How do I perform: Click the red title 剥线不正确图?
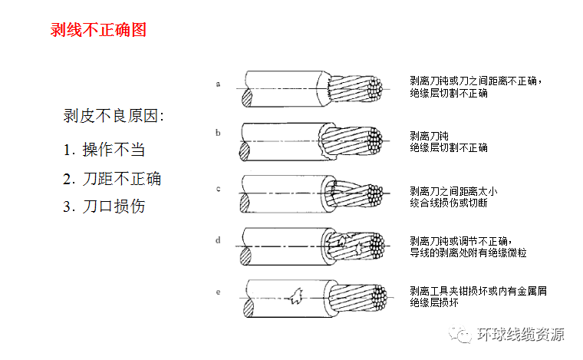pos(98,30)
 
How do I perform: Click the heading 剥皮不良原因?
pos(113,116)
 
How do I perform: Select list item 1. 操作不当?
pos(104,150)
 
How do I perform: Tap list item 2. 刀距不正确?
pos(112,179)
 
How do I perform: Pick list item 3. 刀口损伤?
pos(104,206)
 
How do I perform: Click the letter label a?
pos(219,84)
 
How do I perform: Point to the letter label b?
pos(218,133)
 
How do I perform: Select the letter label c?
pos(219,189)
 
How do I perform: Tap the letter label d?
pos(218,240)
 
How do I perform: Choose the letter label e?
pos(219,292)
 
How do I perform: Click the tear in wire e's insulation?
pos(296,296)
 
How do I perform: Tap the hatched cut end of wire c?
pos(244,203)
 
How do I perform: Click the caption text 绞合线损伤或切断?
pos(449,203)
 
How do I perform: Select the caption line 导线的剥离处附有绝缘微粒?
pos(468,253)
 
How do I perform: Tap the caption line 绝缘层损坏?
pos(434,302)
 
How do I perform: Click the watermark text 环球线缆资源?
pos(521,334)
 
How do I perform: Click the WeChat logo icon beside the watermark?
pos(460,334)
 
